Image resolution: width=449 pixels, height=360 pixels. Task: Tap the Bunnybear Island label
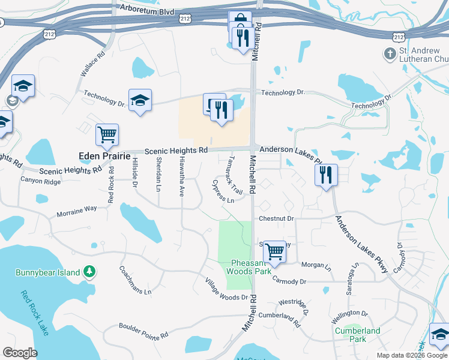pos(47,273)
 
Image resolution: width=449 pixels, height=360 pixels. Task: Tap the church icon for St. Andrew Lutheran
pos(390,55)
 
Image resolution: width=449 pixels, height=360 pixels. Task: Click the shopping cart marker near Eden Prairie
pos(107,134)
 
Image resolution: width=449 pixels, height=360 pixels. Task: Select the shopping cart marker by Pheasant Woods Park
pos(274,251)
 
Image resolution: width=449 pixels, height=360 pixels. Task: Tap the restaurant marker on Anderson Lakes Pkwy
pos(326,175)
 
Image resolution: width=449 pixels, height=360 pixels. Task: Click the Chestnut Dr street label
pos(276,219)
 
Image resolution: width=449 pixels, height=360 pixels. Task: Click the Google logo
pos(20,353)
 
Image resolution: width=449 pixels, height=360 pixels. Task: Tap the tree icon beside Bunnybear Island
pos(89,273)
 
